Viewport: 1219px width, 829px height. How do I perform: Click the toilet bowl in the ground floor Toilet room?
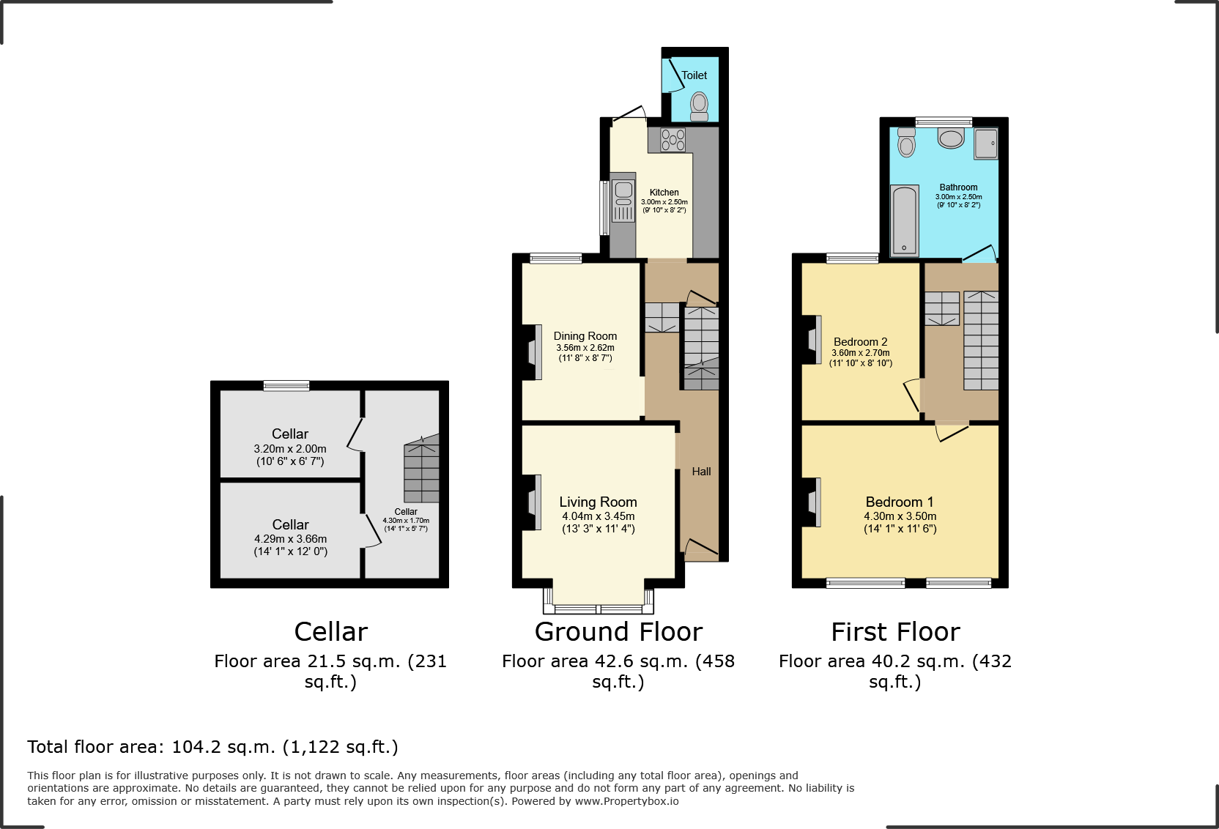pos(700,104)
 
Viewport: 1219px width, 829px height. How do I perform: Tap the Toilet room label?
pos(694,75)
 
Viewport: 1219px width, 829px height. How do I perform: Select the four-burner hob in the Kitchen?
pos(673,139)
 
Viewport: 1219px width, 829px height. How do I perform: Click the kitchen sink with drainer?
pos(623,198)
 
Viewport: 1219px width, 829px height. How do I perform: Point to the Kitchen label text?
pos(664,193)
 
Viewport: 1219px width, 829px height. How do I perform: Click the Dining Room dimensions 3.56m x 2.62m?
pos(585,348)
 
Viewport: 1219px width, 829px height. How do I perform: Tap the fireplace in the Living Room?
pos(534,502)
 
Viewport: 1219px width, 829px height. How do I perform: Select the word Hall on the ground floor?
pos(701,472)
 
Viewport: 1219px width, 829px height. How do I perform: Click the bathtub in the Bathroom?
pos(904,220)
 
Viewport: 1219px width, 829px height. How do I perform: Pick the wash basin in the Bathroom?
pos(951,138)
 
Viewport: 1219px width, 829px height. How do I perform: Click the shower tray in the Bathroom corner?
pos(985,144)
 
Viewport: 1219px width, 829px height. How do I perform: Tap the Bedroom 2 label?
pos(860,342)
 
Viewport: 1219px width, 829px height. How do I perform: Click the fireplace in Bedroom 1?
pos(813,502)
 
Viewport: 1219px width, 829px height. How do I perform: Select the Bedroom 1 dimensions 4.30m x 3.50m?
pos(900,516)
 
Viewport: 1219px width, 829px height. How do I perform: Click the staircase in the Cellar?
pos(421,472)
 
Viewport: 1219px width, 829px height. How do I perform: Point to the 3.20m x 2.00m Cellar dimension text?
pos(290,449)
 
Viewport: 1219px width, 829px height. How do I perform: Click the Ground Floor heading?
pos(618,632)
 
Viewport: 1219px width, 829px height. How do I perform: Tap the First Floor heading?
pos(895,632)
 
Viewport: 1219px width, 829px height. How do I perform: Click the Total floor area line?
pos(212,747)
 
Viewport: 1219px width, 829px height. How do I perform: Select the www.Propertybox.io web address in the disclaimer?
pos(626,801)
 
